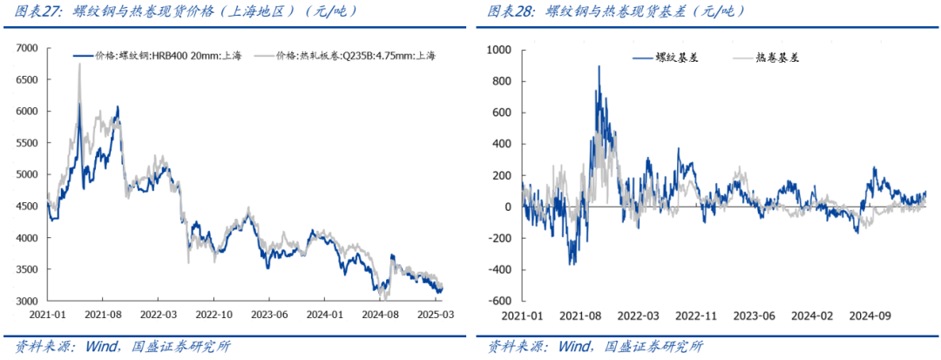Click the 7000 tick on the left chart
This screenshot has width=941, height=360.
[24, 48]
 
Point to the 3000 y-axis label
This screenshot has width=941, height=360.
[24, 301]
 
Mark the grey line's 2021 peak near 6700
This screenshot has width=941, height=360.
[79, 64]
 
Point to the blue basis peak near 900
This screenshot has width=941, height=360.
[599, 66]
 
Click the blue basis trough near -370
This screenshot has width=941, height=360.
[572, 264]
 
